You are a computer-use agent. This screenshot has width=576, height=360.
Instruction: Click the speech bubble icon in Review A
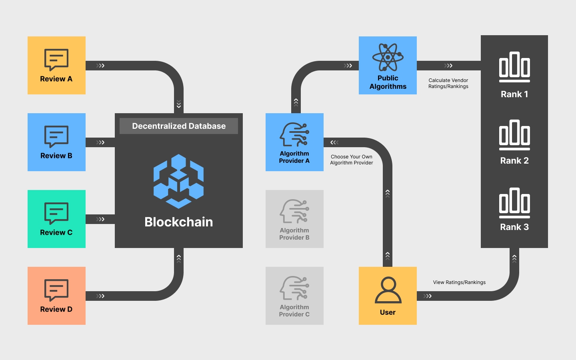click(56, 60)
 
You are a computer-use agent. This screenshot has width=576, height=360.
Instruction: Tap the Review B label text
click(56, 156)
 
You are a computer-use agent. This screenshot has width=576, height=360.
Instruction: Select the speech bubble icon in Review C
click(56, 213)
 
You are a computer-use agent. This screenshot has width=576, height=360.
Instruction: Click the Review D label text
click(56, 309)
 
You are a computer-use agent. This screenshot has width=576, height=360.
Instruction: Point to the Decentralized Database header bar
click(179, 126)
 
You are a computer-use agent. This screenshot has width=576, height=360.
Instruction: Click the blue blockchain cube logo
click(178, 181)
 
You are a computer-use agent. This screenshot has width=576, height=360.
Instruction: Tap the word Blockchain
click(179, 222)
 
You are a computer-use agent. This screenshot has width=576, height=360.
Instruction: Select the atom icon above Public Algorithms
click(388, 57)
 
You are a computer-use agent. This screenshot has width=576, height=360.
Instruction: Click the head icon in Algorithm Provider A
click(294, 134)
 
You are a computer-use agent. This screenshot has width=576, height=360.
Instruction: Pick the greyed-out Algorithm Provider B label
click(294, 234)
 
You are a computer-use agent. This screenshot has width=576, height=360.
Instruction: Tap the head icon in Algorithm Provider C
click(294, 288)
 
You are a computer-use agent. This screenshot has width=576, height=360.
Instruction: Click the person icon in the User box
click(388, 290)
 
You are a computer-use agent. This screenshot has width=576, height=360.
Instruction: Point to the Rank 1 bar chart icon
click(514, 66)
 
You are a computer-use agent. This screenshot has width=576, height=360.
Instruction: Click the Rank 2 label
click(514, 161)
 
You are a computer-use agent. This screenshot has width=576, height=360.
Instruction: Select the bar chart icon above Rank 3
click(514, 202)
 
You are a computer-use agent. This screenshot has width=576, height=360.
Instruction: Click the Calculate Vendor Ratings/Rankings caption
click(448, 83)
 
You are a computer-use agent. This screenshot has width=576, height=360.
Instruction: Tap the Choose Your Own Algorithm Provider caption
click(352, 160)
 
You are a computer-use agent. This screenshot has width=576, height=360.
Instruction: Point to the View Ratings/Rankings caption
click(459, 282)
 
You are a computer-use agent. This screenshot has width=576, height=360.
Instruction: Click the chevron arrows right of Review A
click(100, 66)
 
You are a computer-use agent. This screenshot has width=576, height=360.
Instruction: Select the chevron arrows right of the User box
click(428, 296)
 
